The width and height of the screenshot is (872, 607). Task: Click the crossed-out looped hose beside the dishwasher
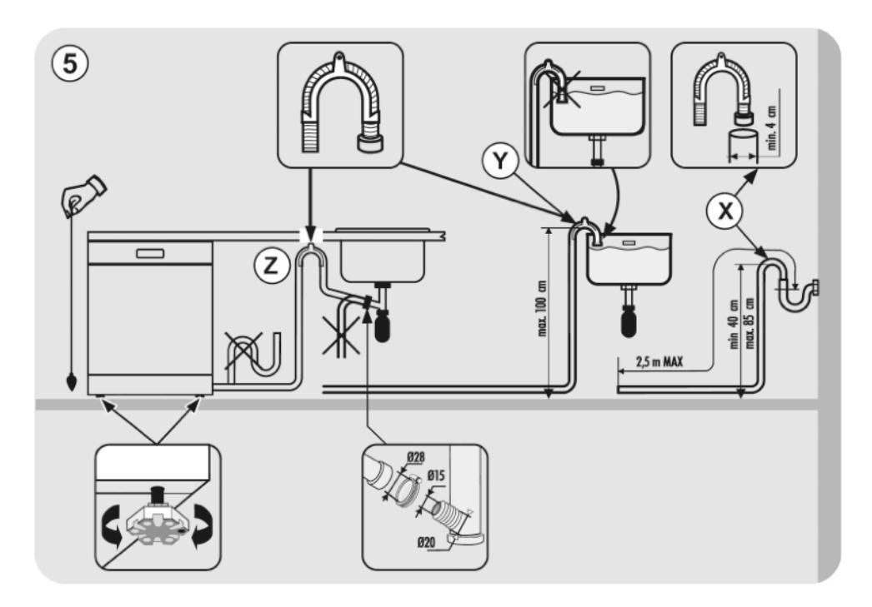pyautogui.click(x=251, y=350)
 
